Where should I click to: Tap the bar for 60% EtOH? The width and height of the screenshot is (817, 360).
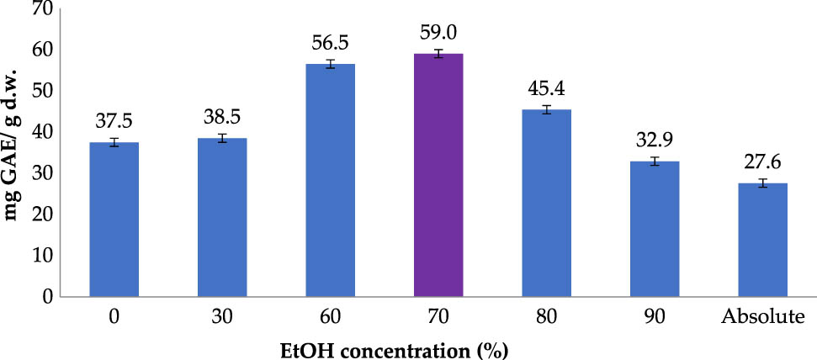click(x=331, y=180)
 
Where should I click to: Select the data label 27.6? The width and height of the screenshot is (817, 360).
click(x=762, y=164)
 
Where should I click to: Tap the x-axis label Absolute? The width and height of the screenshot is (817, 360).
click(x=762, y=318)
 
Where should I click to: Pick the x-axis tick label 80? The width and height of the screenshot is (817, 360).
click(x=547, y=318)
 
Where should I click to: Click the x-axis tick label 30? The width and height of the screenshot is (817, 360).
click(x=222, y=318)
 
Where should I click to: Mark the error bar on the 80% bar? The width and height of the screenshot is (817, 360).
click(x=547, y=109)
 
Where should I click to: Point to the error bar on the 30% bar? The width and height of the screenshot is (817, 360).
click(x=222, y=138)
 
